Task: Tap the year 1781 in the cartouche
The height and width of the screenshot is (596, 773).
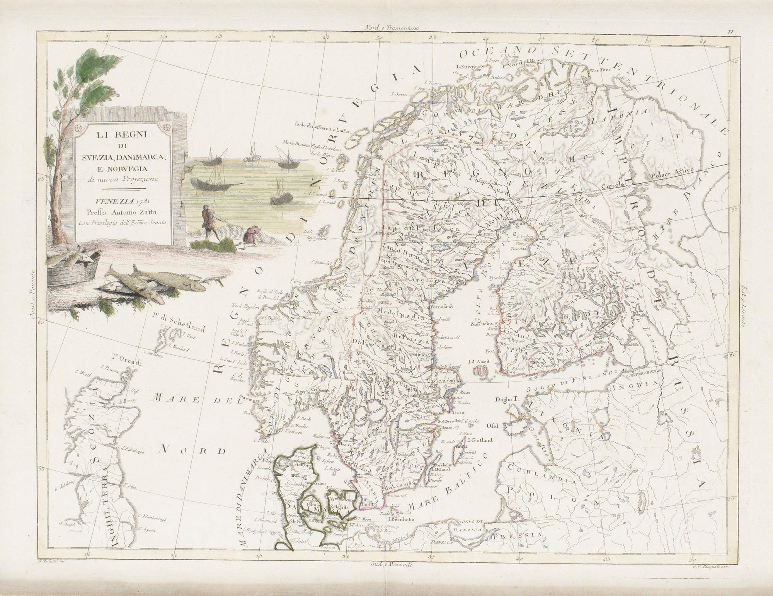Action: click(x=138, y=201)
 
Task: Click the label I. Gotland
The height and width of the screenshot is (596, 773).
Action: click(x=480, y=440)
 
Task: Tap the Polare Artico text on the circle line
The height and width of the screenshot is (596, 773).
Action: click(x=673, y=172)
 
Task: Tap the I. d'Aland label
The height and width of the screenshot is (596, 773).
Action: click(x=478, y=362)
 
